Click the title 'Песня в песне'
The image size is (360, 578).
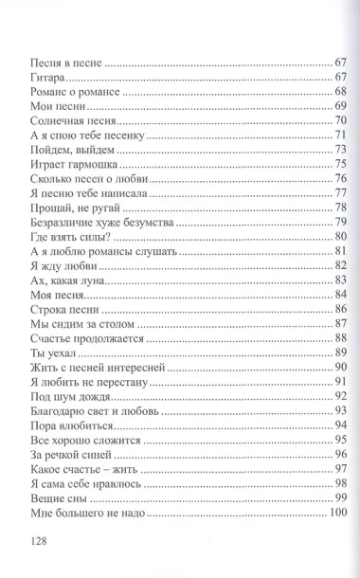(x=58, y=63)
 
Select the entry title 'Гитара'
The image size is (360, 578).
(x=40, y=81)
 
